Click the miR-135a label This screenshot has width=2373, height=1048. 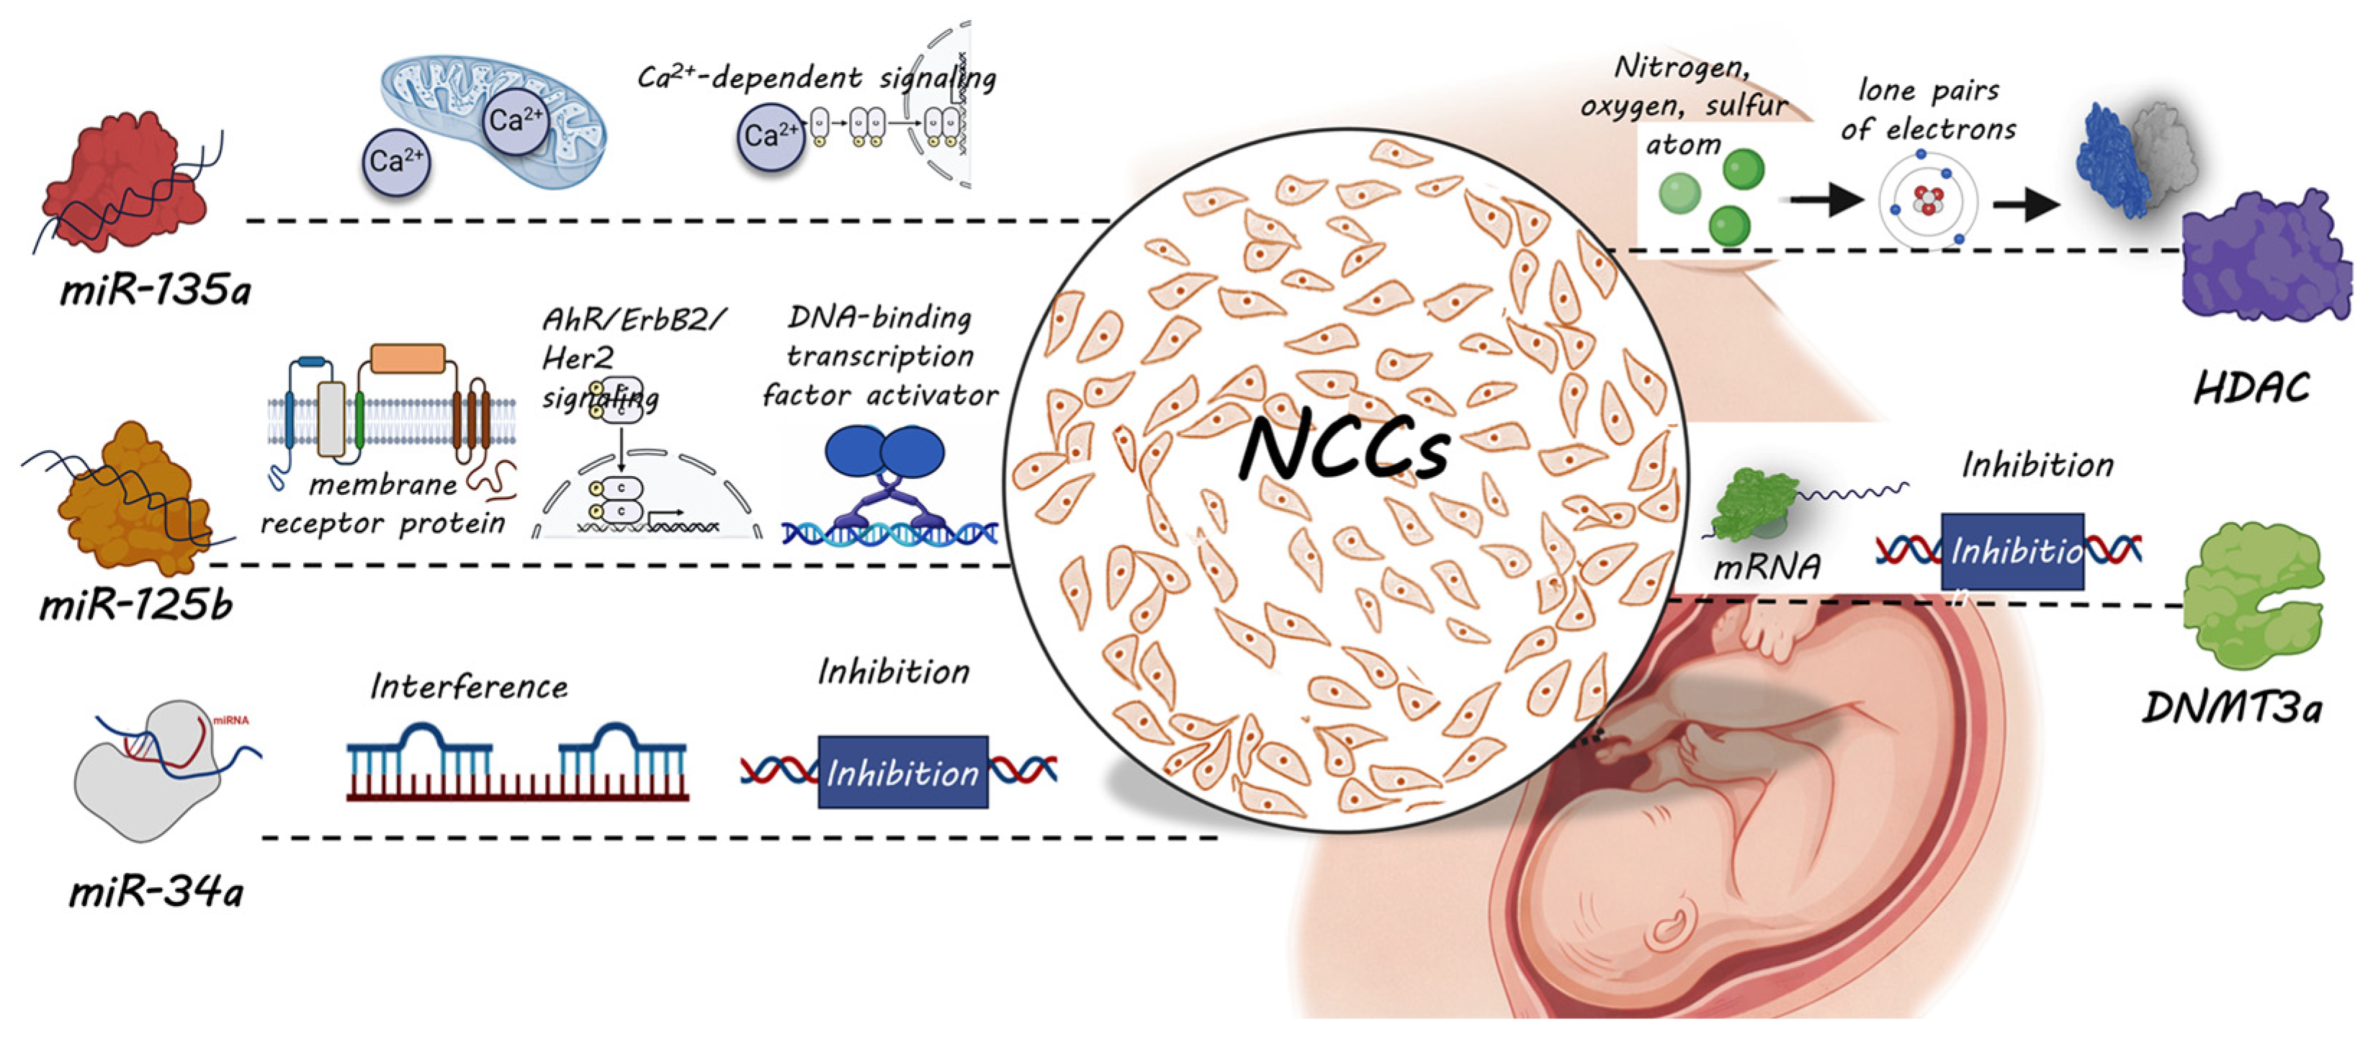click(155, 290)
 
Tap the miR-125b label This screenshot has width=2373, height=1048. click(135, 605)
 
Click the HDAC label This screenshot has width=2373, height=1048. click(2252, 388)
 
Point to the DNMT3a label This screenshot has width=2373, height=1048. click(2232, 707)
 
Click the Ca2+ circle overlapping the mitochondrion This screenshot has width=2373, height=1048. click(515, 119)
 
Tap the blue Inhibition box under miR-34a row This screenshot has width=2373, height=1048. click(903, 771)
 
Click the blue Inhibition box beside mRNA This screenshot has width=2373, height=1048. click(2012, 551)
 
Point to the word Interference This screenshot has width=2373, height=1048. click(469, 686)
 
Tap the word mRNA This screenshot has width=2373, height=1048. click(1766, 565)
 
